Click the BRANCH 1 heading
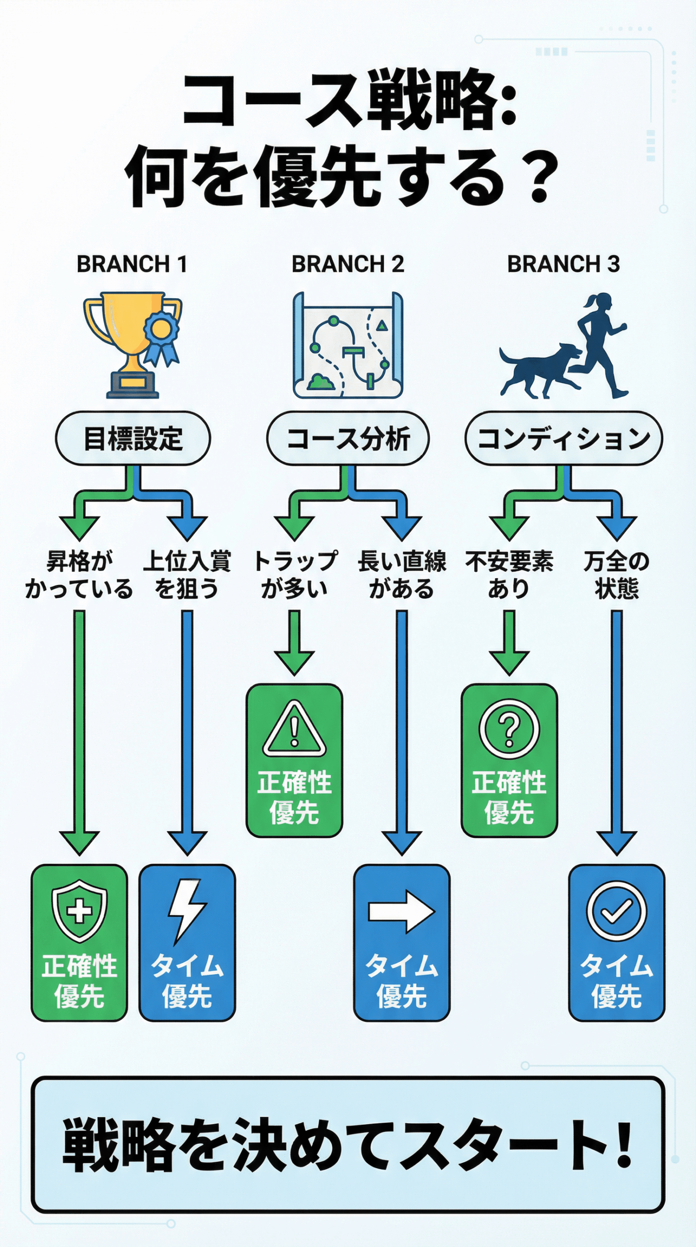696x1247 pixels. pos(132,265)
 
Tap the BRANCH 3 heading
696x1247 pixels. pos(564,265)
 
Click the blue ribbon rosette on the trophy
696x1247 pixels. pos(161,336)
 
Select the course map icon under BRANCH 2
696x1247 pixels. pos(348,345)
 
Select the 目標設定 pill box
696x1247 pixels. pos(133,438)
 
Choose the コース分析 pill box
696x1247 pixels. pos(348,438)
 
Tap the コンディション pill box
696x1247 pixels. pos(564,438)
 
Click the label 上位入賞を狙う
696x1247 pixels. pos(187,575)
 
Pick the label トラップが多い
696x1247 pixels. pos(295,575)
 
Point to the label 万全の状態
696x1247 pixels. pos(616,575)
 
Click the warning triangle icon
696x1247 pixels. pos(294,730)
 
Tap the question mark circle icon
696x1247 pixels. pos(509,730)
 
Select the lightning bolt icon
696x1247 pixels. pos(187,910)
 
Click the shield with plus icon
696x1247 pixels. pos(79,910)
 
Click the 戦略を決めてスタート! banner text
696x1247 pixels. pos(348,1145)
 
